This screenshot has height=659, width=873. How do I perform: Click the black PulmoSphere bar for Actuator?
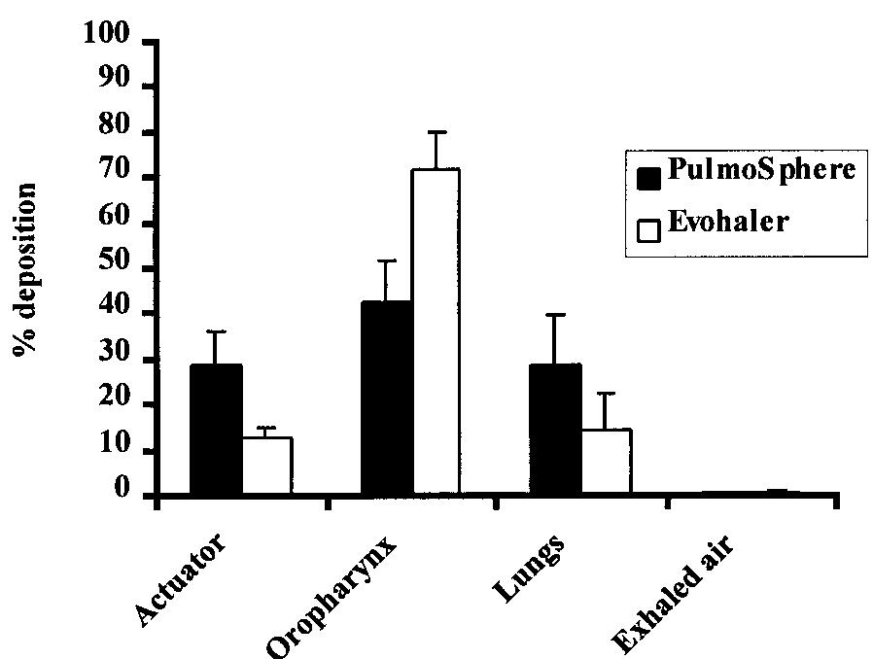216,430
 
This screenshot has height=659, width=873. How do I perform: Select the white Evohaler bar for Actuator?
267,467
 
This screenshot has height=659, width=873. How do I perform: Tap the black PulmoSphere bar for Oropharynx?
387,399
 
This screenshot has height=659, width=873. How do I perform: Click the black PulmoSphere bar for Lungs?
556,430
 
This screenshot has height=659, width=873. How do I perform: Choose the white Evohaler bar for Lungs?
606,463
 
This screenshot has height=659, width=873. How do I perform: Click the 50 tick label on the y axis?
118,268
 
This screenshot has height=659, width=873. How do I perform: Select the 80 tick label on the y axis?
118,132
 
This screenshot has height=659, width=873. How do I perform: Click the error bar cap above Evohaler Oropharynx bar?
436,132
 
